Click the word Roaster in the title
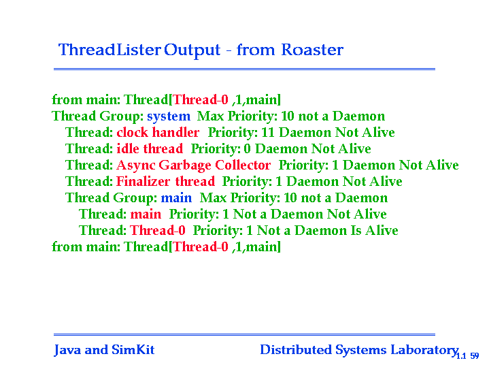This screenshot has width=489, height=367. [x=312, y=50]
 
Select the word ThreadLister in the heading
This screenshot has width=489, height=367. [x=109, y=50]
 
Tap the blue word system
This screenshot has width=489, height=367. [x=169, y=116]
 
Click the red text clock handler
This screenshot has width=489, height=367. [x=158, y=132]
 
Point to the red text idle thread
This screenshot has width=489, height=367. [x=150, y=148]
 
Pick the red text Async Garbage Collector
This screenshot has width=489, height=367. [x=194, y=165]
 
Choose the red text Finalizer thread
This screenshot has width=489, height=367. [x=165, y=182]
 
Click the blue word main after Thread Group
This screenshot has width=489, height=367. [x=176, y=198]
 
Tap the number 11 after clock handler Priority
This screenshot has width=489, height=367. [x=268, y=132]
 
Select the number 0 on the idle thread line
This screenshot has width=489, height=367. [x=248, y=149]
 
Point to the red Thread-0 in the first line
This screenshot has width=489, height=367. [x=201, y=100]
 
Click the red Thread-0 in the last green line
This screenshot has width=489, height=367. [x=201, y=247]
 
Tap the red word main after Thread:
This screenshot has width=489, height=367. [x=146, y=214]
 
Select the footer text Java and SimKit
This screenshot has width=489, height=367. [x=104, y=350]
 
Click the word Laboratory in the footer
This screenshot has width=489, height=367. [x=424, y=350]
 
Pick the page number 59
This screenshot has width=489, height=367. [x=475, y=355]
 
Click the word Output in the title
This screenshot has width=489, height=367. [x=192, y=50]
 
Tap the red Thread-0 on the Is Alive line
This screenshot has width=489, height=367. [x=158, y=231]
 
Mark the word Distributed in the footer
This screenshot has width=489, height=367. [x=296, y=350]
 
